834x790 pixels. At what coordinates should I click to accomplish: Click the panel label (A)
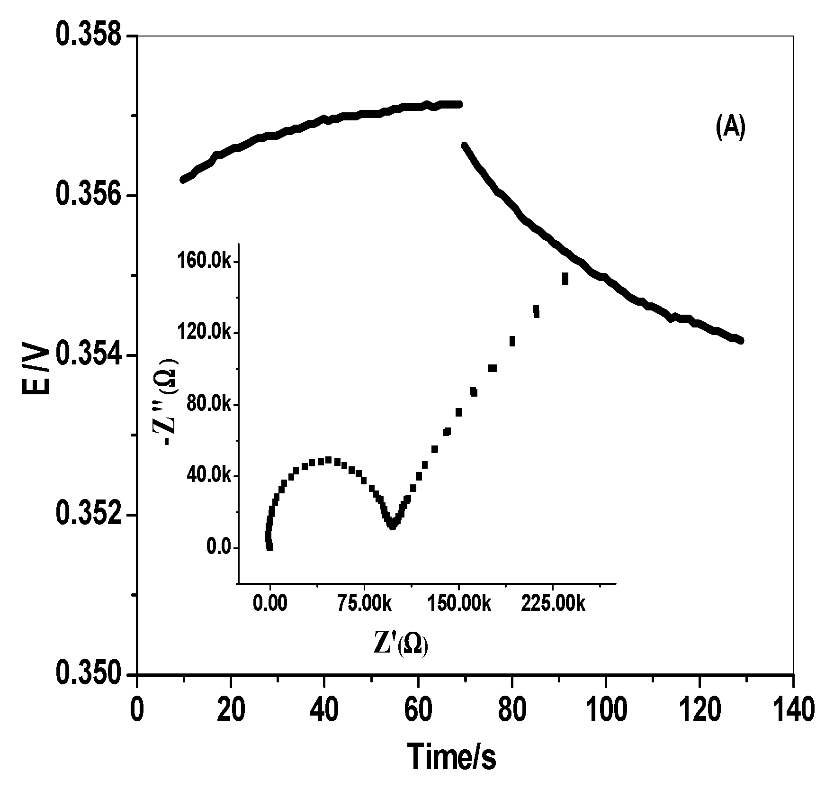point(730,129)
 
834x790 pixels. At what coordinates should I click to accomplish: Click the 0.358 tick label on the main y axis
point(89,37)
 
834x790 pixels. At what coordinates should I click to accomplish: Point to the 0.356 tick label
point(89,196)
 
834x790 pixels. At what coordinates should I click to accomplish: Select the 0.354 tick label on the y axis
point(89,355)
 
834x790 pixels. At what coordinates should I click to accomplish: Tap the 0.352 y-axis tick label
point(89,515)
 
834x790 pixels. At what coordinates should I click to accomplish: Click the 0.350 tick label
point(89,674)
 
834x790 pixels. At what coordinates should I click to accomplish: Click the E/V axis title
point(36,370)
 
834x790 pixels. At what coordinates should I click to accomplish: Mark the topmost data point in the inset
point(565,279)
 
